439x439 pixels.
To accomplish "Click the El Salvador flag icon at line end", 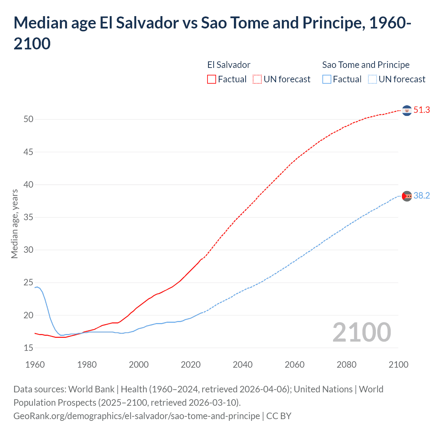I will click(x=407, y=110).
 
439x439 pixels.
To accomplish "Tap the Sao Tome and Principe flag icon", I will click(x=407, y=196).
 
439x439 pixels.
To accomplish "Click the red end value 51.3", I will click(x=422, y=110).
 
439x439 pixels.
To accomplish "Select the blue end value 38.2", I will click(x=422, y=196).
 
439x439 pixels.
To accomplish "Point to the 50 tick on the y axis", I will click(x=28, y=119).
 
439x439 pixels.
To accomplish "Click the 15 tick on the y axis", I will click(x=28, y=348).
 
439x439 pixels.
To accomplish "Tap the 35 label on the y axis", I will click(x=28, y=217).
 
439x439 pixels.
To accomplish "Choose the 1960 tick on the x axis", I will click(x=35, y=365).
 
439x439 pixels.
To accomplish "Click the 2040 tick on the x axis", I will click(x=242, y=365).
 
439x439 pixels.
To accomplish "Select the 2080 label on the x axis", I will click(x=346, y=365).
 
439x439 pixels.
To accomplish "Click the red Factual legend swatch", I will click(x=212, y=80).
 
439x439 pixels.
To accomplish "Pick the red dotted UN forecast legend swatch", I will click(x=257, y=80).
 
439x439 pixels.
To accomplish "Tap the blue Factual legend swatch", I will click(x=327, y=80).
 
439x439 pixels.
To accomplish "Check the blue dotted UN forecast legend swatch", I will click(x=372, y=80).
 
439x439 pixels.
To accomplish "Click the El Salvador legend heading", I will click(x=229, y=65).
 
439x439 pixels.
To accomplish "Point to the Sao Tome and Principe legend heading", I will click(x=366, y=65).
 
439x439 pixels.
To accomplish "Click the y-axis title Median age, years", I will click(x=14, y=224).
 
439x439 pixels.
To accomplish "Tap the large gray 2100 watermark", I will click(x=361, y=332).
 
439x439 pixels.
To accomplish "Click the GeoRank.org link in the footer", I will click(x=137, y=416).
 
